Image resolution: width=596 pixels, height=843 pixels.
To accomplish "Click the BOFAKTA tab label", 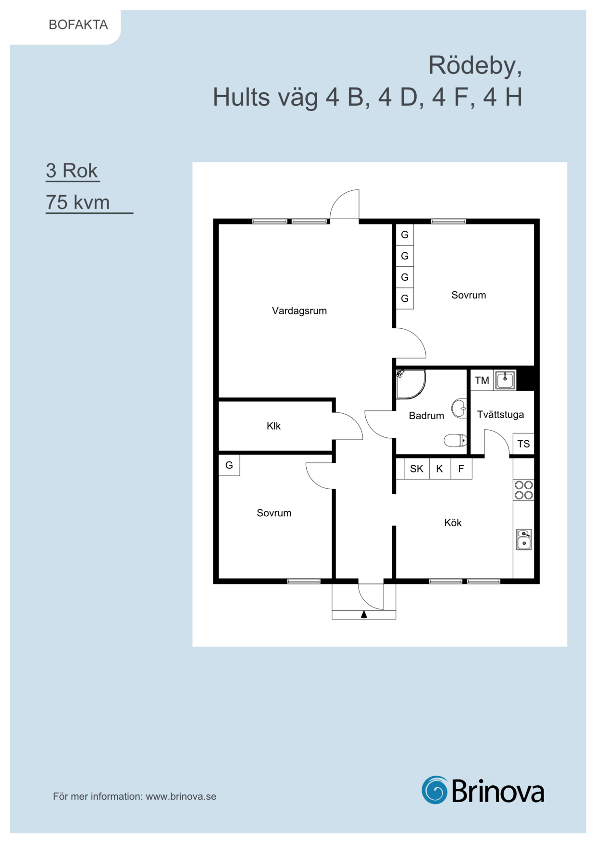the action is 78,25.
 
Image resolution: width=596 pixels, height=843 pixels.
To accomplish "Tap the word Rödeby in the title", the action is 475,65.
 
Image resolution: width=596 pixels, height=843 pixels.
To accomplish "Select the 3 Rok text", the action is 72,171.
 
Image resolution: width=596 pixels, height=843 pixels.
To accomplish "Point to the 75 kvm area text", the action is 77,202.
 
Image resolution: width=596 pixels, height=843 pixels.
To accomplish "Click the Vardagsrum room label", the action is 299,311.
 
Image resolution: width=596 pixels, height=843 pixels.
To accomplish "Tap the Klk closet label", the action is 273,426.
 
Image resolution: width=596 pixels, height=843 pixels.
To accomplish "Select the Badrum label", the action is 426,416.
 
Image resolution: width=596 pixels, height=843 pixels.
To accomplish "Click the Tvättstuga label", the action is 500,414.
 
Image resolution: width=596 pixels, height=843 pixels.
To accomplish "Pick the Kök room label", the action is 453,522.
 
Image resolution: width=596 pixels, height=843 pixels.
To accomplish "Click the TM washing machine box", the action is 482,381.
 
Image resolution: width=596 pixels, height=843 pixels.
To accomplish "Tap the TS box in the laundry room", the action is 523,444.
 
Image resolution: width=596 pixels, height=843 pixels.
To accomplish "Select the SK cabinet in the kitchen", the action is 417,469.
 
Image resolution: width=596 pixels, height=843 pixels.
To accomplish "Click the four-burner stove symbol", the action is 523,490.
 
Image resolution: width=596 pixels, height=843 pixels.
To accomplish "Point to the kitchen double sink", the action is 524,539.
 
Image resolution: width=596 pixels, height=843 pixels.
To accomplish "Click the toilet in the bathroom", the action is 455,440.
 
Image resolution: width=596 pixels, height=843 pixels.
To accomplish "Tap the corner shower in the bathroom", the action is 411,384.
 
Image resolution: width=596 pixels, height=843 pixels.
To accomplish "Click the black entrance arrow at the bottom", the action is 364,614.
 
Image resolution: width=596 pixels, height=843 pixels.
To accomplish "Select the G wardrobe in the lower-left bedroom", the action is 229,465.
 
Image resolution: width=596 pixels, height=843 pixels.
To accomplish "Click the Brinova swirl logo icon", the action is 435,790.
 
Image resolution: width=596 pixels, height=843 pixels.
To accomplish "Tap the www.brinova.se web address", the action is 181,796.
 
